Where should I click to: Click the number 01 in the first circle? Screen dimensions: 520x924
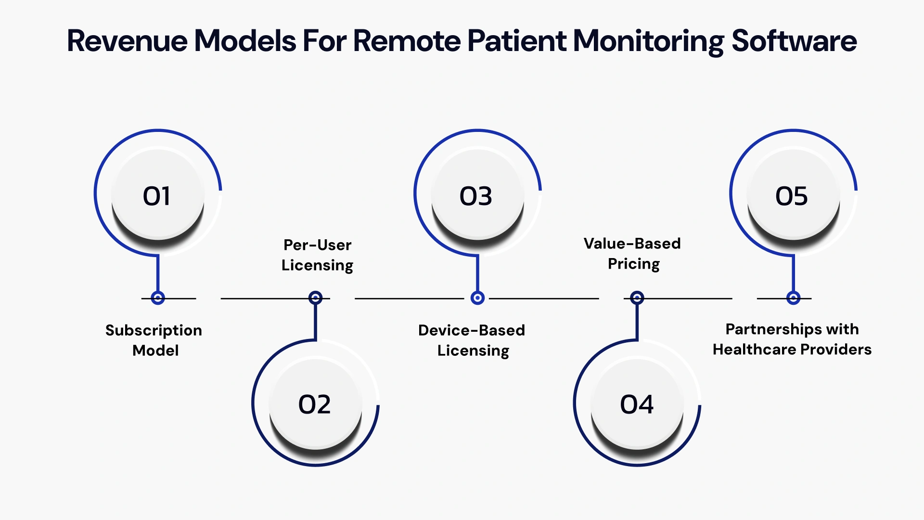tap(157, 196)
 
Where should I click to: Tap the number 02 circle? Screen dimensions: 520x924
tap(315, 404)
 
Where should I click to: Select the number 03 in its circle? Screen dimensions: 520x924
tap(476, 196)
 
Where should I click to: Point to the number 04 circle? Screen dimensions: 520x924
tap(637, 404)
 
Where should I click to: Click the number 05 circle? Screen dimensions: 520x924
tap(792, 196)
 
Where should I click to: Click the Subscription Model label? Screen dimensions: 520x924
tap(154, 340)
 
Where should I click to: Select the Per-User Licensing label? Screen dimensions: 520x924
tap(317, 255)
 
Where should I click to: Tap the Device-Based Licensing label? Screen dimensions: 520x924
tap(472, 340)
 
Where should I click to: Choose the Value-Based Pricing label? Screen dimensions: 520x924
tap(632, 253)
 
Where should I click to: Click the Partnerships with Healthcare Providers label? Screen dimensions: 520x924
tap(792, 339)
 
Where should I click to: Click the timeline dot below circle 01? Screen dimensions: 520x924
tap(158, 298)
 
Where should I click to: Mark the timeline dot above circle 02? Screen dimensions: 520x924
tap(315, 298)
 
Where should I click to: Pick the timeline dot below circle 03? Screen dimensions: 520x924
tap(477, 298)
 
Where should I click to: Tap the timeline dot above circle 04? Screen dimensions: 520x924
tap(637, 298)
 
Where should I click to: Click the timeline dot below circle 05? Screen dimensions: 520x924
tap(793, 298)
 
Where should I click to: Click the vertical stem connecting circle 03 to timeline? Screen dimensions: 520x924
tap(477, 273)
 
